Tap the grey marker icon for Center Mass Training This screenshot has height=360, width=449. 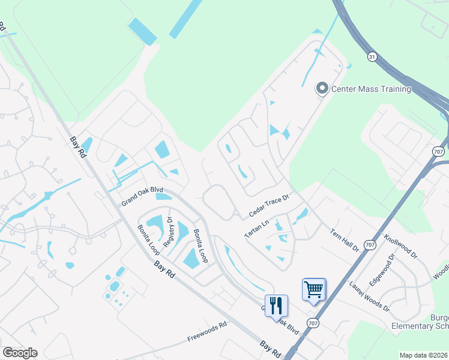pos(322,89)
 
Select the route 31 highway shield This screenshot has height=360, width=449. pos(373,56)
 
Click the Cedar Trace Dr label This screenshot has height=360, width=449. pos(270,206)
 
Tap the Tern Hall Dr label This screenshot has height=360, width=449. pos(345,239)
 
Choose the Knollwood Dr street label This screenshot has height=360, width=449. pos(401,246)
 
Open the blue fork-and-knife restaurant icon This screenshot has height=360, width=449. pos(276,306)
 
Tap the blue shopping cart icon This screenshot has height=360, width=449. pos(314,290)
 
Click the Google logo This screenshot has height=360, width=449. pos(20,353)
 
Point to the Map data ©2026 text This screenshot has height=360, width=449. pos(424,355)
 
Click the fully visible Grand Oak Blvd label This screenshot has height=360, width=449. pos(142,194)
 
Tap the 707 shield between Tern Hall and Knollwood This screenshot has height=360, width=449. pos(370,244)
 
